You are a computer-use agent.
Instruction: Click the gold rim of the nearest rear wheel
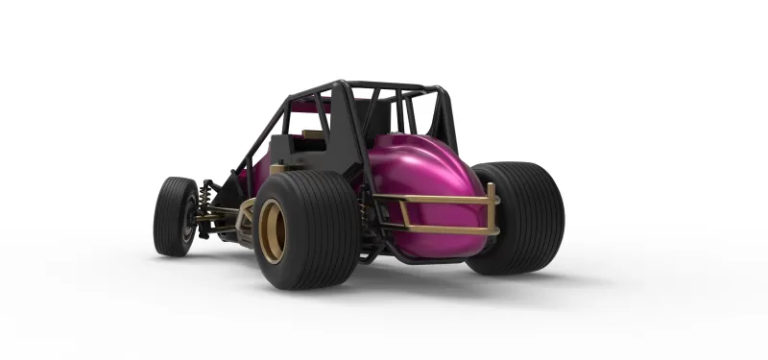pyautogui.click(x=271, y=231)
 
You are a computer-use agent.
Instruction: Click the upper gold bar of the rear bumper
pyautogui.click(x=432, y=200)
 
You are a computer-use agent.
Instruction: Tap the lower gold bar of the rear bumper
pyautogui.click(x=437, y=229)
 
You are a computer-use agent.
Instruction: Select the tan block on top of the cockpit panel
pyautogui.click(x=312, y=134)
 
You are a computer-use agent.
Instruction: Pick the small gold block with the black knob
pyautogui.click(x=278, y=169)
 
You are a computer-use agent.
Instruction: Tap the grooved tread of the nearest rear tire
pyautogui.click(x=322, y=230)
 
